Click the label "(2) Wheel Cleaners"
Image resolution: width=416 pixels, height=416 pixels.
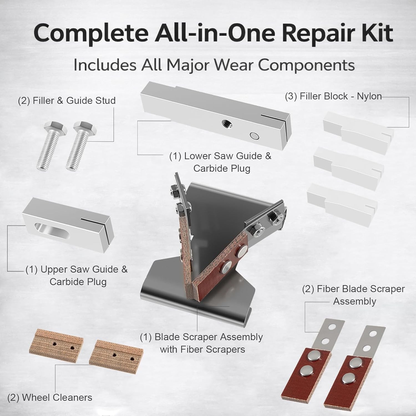(x=50, y=397)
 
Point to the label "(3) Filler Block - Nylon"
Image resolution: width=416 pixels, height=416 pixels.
(x=333, y=96)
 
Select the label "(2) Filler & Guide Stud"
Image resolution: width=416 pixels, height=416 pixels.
(x=67, y=100)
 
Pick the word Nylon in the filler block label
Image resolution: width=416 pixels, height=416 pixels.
(x=369, y=97)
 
